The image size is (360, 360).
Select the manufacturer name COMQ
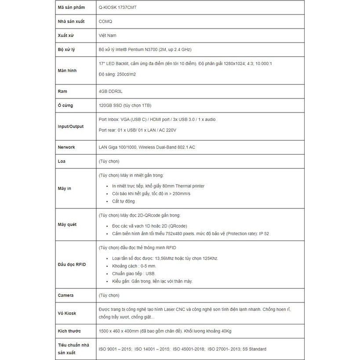click(x=105, y=21)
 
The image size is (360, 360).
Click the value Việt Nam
click(x=108, y=35)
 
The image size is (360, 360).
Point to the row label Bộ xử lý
click(x=66, y=49)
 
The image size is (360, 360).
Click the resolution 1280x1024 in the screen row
click(x=232, y=64)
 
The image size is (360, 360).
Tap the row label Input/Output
click(x=70, y=127)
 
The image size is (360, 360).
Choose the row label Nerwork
click(x=66, y=147)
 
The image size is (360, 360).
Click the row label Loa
click(x=62, y=161)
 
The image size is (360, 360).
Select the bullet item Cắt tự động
click(x=124, y=201)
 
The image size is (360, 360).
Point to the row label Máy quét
click(x=67, y=225)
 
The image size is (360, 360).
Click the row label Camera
click(x=65, y=295)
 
